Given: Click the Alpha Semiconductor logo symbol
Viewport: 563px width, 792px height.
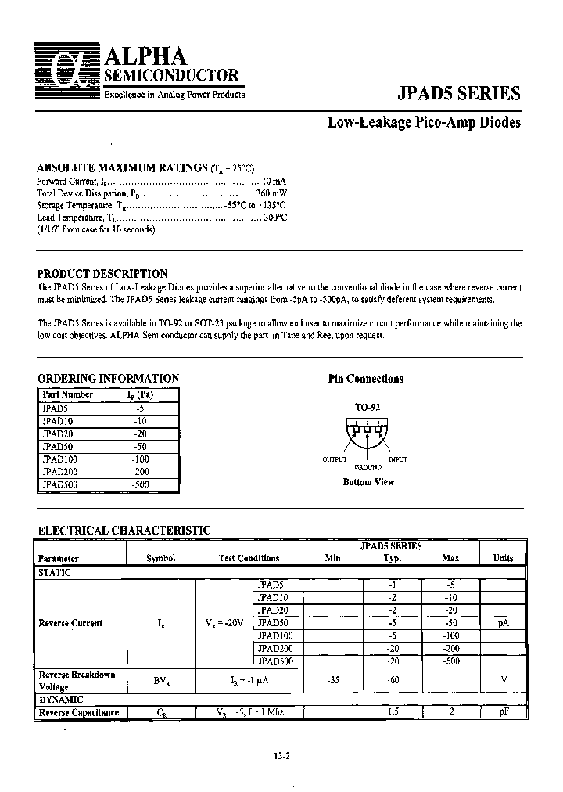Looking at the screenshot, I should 69,76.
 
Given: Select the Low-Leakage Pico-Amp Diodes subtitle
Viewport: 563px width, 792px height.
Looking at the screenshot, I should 423,123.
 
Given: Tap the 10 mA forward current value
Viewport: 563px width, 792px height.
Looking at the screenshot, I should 274,181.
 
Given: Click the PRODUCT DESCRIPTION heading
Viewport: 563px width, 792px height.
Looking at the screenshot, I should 102,274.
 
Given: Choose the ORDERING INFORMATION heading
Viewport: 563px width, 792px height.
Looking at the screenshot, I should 108,378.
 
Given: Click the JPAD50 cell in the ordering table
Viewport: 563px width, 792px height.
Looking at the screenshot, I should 55,446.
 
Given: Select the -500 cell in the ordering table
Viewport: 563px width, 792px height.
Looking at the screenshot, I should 141,484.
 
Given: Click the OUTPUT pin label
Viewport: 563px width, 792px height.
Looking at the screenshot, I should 335,459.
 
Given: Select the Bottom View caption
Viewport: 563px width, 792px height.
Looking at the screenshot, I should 368,482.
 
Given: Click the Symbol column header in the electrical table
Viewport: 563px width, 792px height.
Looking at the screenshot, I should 160,558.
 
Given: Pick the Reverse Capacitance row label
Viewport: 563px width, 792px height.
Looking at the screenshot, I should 78,712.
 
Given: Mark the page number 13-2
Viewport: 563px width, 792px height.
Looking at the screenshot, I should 282,756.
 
